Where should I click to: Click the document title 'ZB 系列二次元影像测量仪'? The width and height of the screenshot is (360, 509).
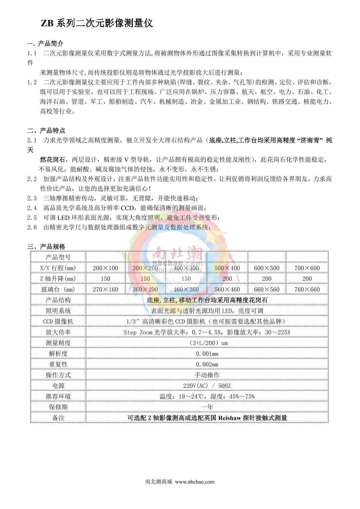[97, 23]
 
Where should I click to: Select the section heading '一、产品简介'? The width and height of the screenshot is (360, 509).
[45, 43]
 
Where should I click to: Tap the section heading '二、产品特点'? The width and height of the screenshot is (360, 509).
[46, 130]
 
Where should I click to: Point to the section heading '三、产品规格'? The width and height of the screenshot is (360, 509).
[46, 247]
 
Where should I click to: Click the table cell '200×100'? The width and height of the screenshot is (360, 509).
[105, 268]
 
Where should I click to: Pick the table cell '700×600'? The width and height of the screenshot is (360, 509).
[307, 268]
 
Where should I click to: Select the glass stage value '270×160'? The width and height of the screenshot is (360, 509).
[105, 289]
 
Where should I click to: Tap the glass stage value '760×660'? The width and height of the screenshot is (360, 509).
[307, 289]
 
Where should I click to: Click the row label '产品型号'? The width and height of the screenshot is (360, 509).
[58, 257]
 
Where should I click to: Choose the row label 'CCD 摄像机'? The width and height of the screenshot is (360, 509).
[58, 322]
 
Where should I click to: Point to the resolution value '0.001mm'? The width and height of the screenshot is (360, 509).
[207, 354]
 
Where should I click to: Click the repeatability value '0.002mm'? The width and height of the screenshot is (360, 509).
[207, 364]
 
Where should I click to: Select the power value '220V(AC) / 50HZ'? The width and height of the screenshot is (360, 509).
[207, 386]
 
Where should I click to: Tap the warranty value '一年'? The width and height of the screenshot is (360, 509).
[207, 407]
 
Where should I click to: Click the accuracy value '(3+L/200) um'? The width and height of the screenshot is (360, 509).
[207, 343]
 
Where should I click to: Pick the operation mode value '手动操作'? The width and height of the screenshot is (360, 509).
[207, 375]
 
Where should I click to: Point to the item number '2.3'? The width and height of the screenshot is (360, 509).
[32, 198]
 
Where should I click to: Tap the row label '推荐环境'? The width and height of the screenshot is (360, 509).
[58, 397]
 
